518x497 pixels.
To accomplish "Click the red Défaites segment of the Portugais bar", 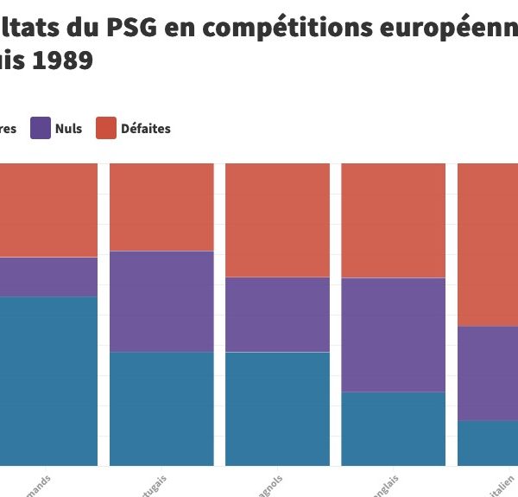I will tap(161, 207).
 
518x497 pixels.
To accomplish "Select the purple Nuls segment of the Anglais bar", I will tap(393, 335).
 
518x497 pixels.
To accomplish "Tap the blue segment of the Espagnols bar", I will tap(277, 408).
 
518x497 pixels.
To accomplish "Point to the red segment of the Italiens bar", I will tap(488, 244).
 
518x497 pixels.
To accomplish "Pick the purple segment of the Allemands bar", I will tap(48, 277).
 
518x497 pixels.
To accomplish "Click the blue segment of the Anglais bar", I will tap(393, 428).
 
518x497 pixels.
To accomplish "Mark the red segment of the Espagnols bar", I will tap(277, 220).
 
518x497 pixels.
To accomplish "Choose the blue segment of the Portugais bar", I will tap(161, 408).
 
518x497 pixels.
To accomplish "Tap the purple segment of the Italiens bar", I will tap(488, 373).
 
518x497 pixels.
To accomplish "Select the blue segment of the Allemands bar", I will tap(48, 380).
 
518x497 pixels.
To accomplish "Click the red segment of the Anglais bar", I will tap(393, 220).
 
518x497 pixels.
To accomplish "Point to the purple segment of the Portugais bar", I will tap(161, 301).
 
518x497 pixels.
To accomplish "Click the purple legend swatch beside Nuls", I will tap(41, 128).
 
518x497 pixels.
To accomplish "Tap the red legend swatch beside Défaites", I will tap(105, 128).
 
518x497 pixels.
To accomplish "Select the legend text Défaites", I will tap(146, 129).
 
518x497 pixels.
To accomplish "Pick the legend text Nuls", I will tap(68, 129).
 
